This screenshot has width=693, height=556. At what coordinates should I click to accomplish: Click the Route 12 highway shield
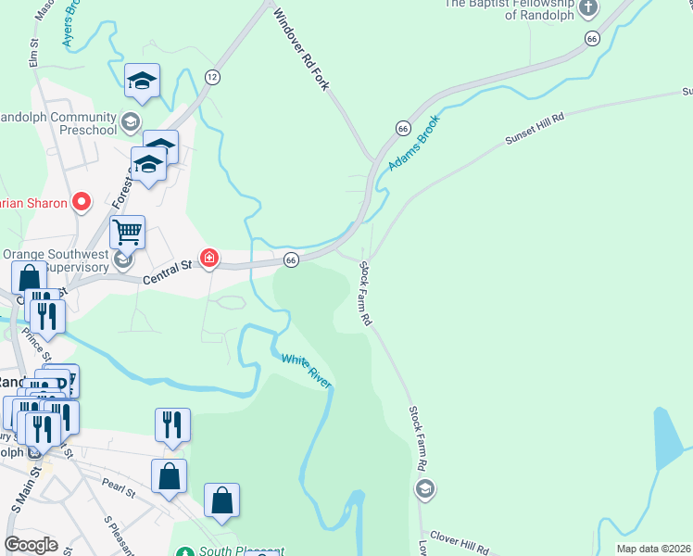213,77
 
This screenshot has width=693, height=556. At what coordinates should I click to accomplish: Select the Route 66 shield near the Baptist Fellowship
591,38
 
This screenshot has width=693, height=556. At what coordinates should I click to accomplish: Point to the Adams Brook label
412,143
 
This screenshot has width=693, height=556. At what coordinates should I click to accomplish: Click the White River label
306,370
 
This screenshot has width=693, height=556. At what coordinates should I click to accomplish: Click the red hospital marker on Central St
209,259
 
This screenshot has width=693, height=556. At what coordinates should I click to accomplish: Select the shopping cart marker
127,232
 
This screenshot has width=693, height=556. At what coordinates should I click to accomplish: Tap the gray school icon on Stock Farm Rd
425,488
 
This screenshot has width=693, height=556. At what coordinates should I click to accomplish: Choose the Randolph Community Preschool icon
131,122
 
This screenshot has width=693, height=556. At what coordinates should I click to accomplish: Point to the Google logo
31,545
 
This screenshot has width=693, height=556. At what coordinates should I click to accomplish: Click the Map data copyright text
653,549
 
